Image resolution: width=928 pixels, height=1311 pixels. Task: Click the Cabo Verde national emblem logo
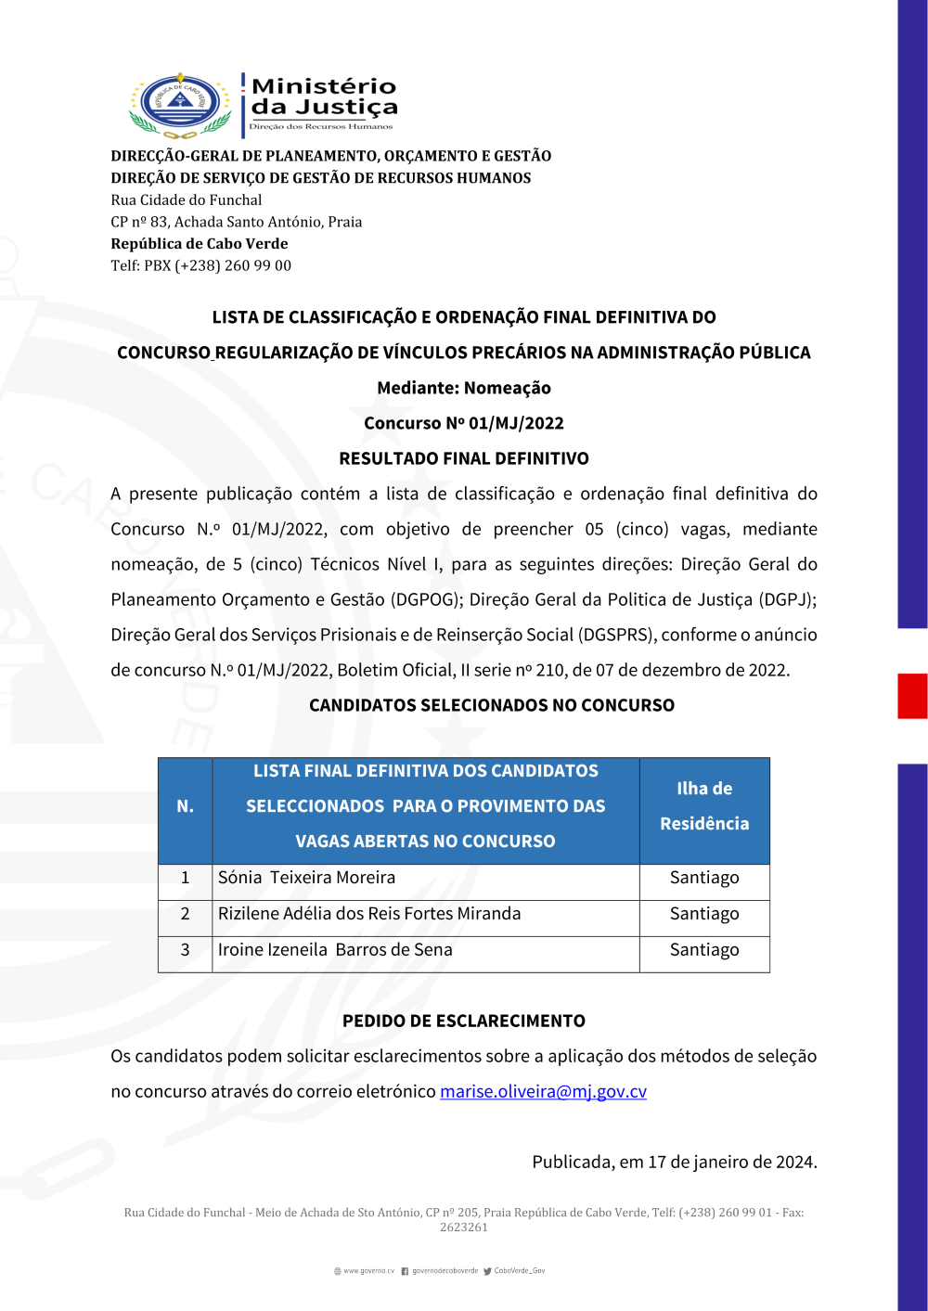180,104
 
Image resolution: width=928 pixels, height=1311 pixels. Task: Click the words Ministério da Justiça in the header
323,96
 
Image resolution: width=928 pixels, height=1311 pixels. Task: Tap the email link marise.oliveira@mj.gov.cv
543,1091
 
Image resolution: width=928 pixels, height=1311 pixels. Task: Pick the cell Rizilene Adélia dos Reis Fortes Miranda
369,914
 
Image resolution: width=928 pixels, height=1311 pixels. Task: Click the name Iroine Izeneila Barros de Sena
335,950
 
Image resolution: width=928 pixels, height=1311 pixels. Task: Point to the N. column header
185,806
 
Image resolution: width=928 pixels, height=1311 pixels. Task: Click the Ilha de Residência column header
704,806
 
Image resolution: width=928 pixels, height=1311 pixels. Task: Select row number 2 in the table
185,914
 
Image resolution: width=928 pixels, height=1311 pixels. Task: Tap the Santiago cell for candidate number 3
704,950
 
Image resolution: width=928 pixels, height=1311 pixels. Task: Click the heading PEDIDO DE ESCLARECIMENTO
464,1021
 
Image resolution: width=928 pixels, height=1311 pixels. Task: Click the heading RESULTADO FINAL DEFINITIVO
464,458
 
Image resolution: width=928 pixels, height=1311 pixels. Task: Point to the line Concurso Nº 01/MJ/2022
464,423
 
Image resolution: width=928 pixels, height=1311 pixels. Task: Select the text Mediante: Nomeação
464,388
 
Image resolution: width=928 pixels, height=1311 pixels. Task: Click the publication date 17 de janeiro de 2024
732,1162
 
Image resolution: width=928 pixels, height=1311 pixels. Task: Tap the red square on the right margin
912,696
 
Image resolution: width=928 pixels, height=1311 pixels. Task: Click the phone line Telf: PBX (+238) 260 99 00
200,265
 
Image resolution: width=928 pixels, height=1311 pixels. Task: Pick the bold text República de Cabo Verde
200,243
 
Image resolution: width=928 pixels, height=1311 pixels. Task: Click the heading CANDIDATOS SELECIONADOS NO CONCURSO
492,705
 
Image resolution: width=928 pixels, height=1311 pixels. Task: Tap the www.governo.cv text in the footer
367,1271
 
